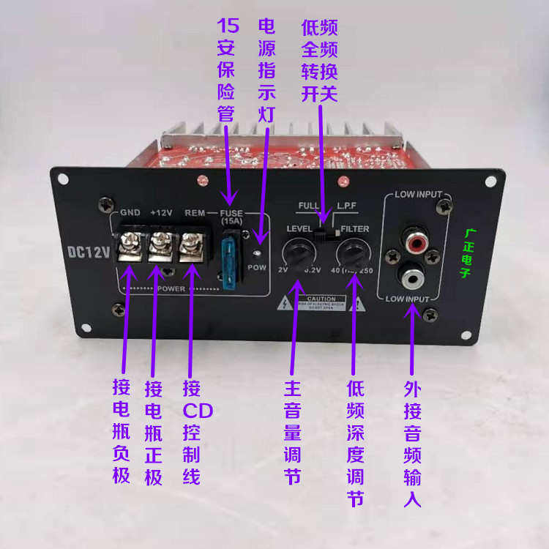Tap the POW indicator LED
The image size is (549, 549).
[257, 253]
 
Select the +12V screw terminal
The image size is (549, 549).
[161, 244]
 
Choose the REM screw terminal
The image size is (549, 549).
[193, 244]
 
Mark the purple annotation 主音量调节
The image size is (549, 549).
[292, 433]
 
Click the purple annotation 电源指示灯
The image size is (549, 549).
[266, 70]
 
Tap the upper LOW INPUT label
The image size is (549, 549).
[419, 195]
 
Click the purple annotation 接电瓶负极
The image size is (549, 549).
[121, 432]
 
